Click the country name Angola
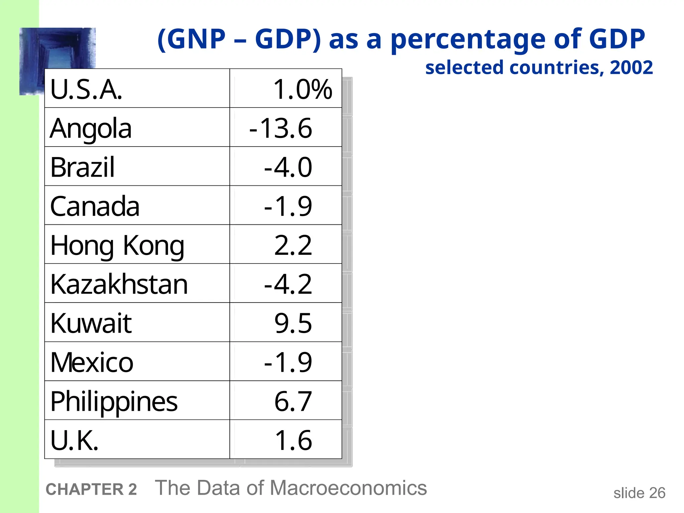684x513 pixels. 91,129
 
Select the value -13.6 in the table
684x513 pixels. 281,129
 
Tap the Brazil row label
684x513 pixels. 82,167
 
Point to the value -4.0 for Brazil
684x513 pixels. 288,167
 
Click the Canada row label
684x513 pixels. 95,206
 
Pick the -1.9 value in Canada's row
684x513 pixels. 288,206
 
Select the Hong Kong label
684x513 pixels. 117,246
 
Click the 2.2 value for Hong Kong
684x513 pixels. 293,245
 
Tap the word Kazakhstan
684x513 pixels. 119,285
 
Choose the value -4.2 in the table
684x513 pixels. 288,285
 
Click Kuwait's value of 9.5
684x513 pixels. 293,324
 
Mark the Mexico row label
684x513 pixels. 92,363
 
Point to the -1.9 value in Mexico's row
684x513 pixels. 288,363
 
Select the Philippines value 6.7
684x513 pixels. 293,402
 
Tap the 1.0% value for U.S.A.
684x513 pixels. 302,90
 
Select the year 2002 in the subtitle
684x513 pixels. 631,68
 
